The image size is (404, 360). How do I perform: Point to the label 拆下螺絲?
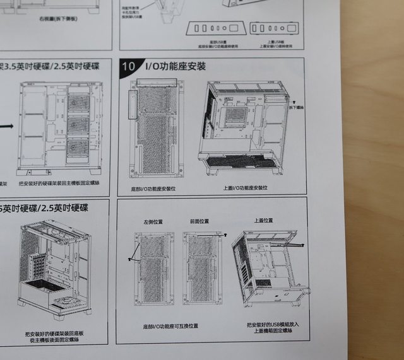pos(297,108)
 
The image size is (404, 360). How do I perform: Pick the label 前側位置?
pos(199,222)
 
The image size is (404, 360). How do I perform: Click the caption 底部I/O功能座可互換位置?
pos(170,326)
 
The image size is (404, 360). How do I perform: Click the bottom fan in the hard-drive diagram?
pos(79,148)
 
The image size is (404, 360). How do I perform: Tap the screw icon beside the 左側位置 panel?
pos(129,258)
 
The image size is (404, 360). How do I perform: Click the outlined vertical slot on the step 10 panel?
pos(133,104)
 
